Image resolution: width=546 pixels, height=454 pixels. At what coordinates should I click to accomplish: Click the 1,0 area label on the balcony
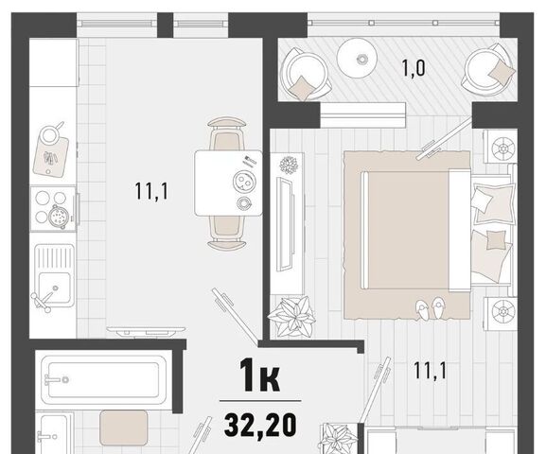(x=414, y=68)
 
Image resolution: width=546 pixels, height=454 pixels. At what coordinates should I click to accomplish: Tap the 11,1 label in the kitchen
(x=151, y=191)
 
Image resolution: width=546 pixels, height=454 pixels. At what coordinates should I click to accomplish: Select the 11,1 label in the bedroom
(x=430, y=371)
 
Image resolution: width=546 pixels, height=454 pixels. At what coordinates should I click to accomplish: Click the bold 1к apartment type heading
(x=259, y=375)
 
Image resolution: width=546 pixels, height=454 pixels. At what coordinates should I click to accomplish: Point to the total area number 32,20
(x=260, y=425)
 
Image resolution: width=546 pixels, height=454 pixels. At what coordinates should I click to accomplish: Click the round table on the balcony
(x=358, y=58)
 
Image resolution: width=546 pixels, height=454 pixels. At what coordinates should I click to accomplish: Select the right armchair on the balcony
(x=489, y=70)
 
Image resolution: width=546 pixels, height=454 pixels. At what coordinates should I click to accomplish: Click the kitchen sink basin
(x=55, y=288)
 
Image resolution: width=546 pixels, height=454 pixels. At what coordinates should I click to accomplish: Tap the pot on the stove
(x=58, y=217)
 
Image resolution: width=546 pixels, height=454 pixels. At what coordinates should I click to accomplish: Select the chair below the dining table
(x=226, y=233)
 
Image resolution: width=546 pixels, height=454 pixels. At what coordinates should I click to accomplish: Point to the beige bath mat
(x=124, y=428)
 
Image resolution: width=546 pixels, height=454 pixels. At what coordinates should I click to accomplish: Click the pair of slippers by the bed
(x=430, y=308)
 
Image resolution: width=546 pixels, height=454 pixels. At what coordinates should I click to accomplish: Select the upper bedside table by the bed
(x=501, y=147)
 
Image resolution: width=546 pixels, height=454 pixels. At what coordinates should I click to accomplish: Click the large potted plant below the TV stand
(x=291, y=317)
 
